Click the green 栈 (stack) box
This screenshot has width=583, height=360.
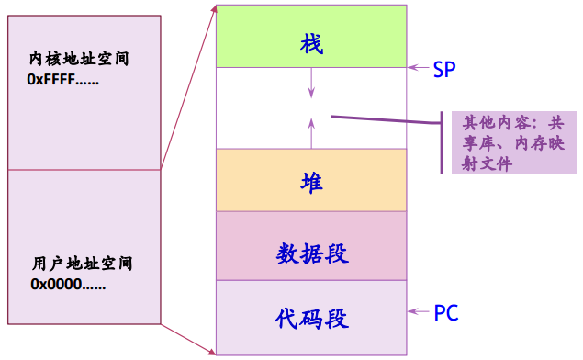click(311, 37)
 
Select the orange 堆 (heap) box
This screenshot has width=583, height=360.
click(311, 180)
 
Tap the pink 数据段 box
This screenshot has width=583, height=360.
click(311, 245)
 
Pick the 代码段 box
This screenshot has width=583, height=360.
click(311, 317)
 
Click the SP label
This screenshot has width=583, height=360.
click(444, 69)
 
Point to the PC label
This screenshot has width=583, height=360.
click(446, 313)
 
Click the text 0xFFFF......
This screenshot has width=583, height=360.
click(63, 79)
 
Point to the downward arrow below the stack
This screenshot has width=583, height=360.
click(312, 84)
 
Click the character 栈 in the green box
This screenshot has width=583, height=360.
click(312, 43)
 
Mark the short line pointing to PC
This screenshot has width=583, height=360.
click(420, 313)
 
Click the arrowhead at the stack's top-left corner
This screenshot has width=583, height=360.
click(214, 8)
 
